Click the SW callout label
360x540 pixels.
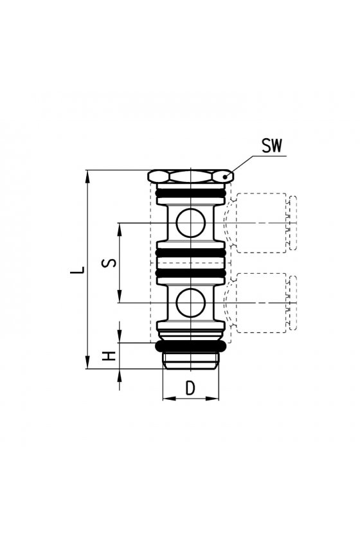[x=271, y=146]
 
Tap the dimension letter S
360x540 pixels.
[x=109, y=263]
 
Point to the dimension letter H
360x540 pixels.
[x=109, y=356]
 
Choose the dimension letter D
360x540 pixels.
[x=190, y=388]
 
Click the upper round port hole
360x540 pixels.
[x=190, y=223]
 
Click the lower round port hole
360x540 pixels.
[x=190, y=303]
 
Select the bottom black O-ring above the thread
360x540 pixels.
[x=191, y=346]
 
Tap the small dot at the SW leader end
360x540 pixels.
[x=225, y=177]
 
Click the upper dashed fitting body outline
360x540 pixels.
[x=262, y=223]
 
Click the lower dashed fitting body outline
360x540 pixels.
[x=262, y=303]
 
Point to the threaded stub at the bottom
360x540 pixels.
[x=190, y=360]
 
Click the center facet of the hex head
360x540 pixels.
[x=190, y=177]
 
